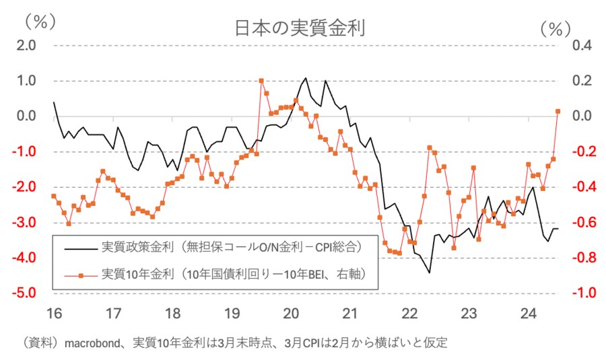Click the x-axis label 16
pyautogui.click(x=54, y=313)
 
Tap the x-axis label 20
pyautogui.click(x=291, y=313)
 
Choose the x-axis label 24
pyautogui.click(x=529, y=313)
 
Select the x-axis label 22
pyautogui.click(x=410, y=313)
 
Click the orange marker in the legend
pyautogui.click(x=80, y=275)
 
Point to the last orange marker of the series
pyautogui.click(x=558, y=111)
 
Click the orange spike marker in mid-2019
pyautogui.click(x=261, y=81)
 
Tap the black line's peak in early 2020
pyautogui.click(x=305, y=78)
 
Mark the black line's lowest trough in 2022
pyautogui.click(x=429, y=273)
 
